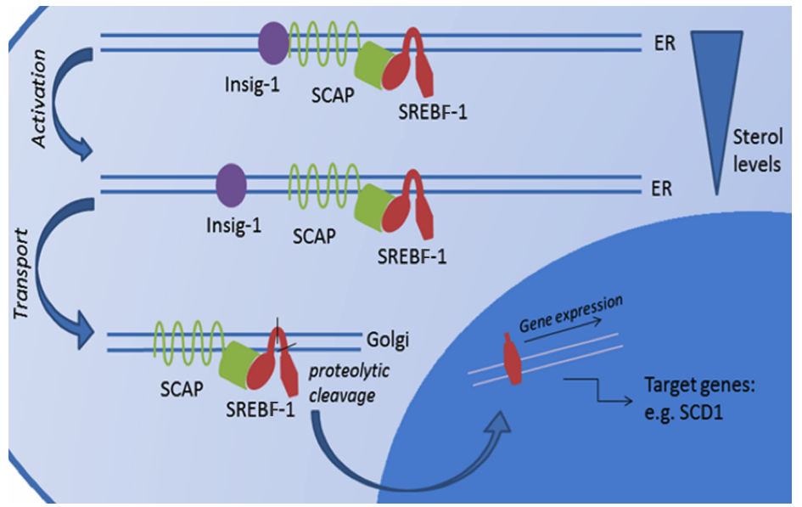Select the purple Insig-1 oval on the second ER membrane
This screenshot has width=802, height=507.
pos(231,183)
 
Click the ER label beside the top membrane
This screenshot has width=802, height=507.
pos(665,43)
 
